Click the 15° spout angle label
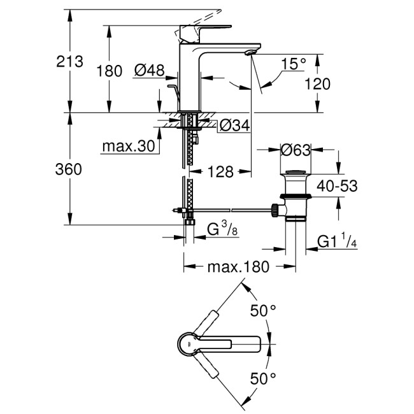[293, 63]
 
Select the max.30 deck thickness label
[128, 146]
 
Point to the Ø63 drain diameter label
[295, 150]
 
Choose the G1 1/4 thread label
[336, 241]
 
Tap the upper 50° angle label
[263, 311]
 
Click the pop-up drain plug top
[295, 173]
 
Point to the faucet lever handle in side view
[200, 29]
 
